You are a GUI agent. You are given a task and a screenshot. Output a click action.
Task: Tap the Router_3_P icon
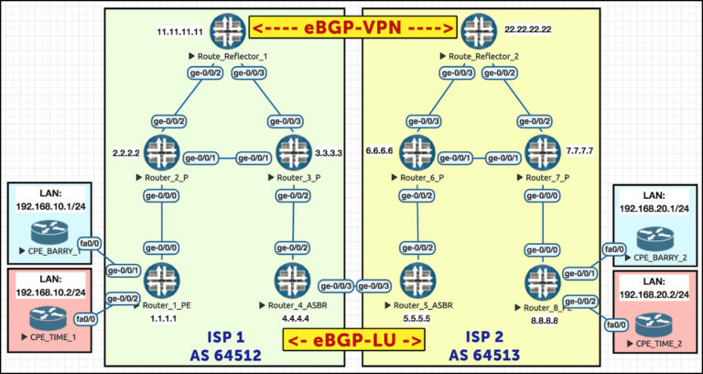click(x=293, y=151)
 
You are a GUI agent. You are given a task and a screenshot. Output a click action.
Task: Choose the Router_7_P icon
click(x=539, y=151)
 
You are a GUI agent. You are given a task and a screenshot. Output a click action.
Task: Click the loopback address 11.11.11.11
click(x=179, y=30)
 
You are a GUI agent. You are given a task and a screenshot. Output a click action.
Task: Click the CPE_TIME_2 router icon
click(x=656, y=318)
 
